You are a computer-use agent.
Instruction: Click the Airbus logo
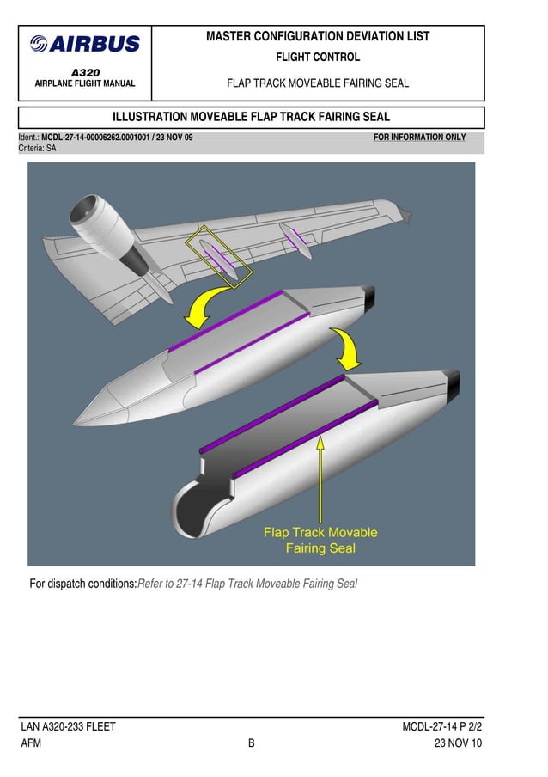click(85, 44)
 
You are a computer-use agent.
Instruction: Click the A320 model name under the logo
click(85, 73)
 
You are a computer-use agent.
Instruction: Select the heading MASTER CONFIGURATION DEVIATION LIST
click(318, 37)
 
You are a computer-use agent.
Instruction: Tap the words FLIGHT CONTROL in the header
click(317, 58)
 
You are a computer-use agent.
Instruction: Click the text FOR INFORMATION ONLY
click(419, 138)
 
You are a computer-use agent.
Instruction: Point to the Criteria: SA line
click(38, 149)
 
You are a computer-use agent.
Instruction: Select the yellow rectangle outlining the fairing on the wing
click(221, 256)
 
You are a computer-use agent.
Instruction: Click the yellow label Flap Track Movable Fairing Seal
click(320, 540)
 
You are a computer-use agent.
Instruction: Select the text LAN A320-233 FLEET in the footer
click(69, 727)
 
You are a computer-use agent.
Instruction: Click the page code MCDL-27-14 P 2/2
click(441, 727)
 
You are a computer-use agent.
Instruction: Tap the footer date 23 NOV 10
click(458, 743)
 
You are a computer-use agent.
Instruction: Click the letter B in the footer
click(252, 743)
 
